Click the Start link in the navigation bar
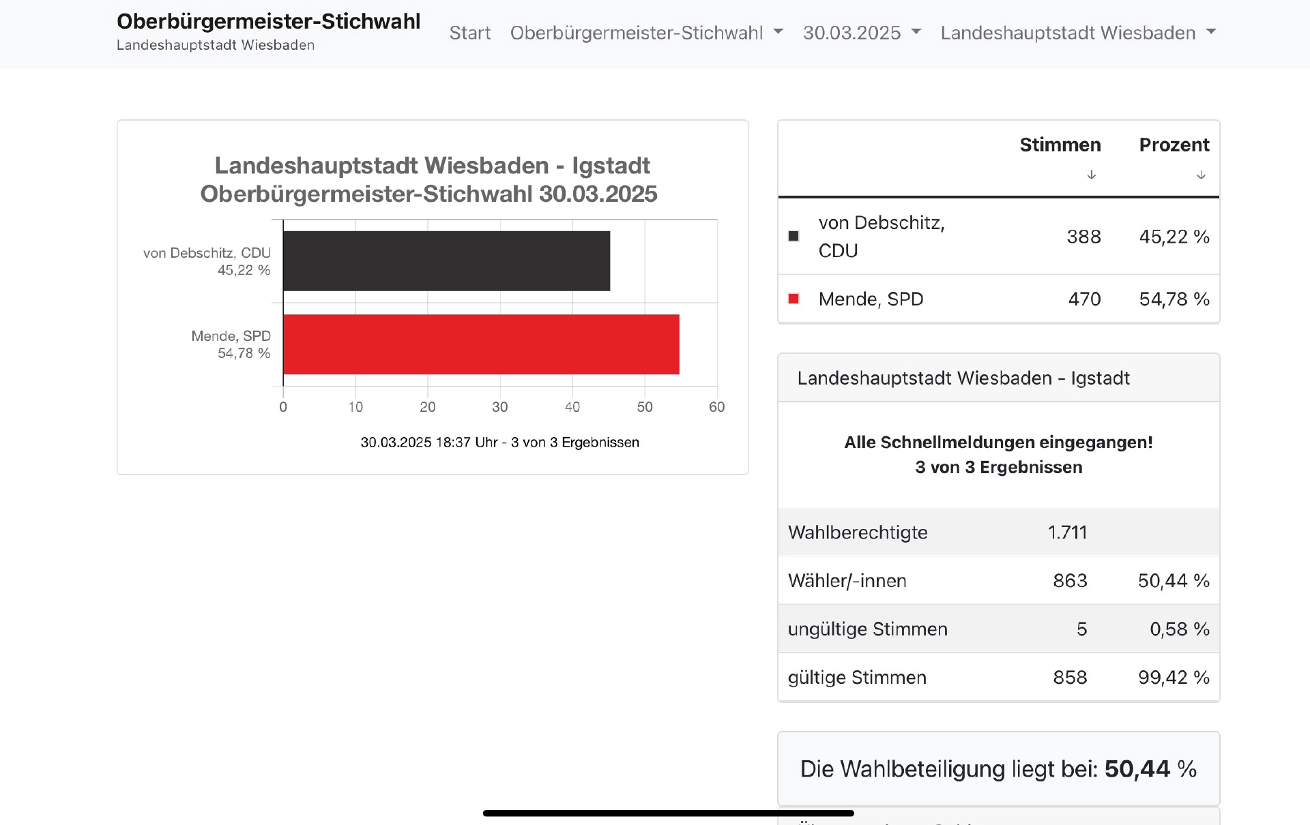469,33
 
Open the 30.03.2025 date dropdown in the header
862,33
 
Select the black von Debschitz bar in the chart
446,261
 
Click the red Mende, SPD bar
481,344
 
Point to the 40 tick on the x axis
572,407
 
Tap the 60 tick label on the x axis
716,407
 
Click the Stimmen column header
1060,145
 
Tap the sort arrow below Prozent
1201,175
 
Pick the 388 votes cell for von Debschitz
1083,237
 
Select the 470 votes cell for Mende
1084,299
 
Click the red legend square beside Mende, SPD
794,299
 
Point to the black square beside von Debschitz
794,236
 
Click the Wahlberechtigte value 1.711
1067,532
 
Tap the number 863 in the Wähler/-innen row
1070,581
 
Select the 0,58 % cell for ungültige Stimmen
1179,629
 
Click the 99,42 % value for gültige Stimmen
1174,678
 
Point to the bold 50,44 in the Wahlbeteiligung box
1137,769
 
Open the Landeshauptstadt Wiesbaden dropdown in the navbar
1078,33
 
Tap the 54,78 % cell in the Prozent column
1174,299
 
